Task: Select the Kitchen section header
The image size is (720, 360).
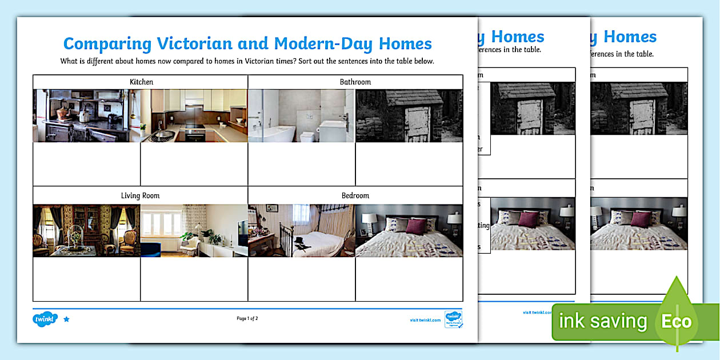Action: coord(141,82)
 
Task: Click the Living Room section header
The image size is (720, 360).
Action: coord(140,195)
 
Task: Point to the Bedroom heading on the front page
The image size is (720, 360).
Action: coord(355,195)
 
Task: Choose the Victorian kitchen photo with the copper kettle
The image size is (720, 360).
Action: coord(86,115)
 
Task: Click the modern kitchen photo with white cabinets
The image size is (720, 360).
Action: coord(194,115)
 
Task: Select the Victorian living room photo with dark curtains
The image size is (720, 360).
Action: coord(86,230)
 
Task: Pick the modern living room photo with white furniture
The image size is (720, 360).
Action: coord(194,230)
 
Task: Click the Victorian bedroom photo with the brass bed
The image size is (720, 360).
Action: coord(302,230)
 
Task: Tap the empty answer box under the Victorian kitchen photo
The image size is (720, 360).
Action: coord(86,164)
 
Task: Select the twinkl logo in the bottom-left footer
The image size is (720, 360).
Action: coord(45,319)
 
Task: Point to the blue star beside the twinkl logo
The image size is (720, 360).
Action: coord(66,319)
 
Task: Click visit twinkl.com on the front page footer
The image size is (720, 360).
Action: coord(425,320)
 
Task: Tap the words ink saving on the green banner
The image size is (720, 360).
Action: coord(603,322)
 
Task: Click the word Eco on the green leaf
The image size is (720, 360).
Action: coord(676,322)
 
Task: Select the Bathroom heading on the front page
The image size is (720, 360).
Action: coord(355,82)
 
